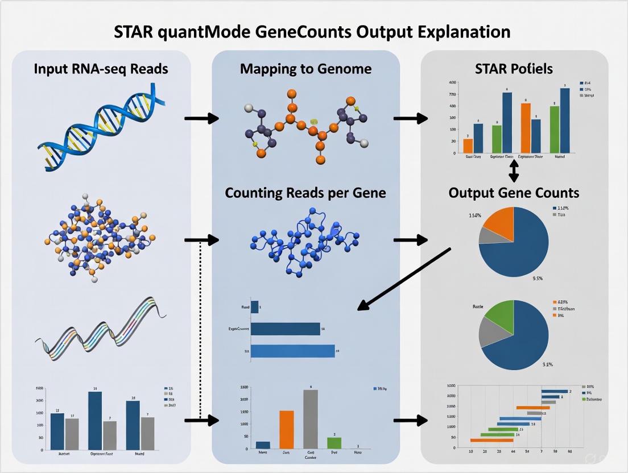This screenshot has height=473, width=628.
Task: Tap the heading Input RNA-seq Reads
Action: coord(101,69)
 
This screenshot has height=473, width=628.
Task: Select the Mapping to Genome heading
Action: coord(305,69)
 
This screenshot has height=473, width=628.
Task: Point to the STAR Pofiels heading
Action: coord(514,69)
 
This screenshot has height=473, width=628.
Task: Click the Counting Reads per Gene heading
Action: coord(305,193)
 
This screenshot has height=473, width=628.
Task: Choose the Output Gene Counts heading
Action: coord(514,193)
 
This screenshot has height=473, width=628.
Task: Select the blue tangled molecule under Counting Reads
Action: coord(305,241)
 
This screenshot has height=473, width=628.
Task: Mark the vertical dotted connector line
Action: coord(201,330)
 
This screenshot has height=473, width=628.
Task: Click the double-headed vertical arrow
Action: coord(514,170)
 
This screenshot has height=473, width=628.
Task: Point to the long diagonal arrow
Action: coord(404,279)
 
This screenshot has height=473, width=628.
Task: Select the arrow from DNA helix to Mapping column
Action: coord(201,118)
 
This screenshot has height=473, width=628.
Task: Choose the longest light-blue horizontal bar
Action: coord(292,351)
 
